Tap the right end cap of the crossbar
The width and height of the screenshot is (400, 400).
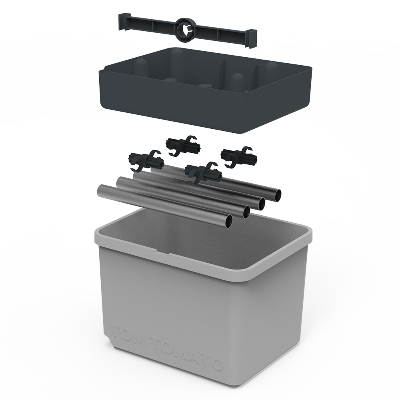point(251,38)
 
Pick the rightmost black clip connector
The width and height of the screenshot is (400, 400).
point(239,156)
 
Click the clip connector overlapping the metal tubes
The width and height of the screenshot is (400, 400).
point(204,173)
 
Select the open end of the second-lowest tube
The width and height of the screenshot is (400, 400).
point(246,212)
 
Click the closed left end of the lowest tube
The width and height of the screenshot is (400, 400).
point(100,190)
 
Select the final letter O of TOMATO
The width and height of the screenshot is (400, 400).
point(216,363)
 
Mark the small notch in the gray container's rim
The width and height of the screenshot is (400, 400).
point(163,253)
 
